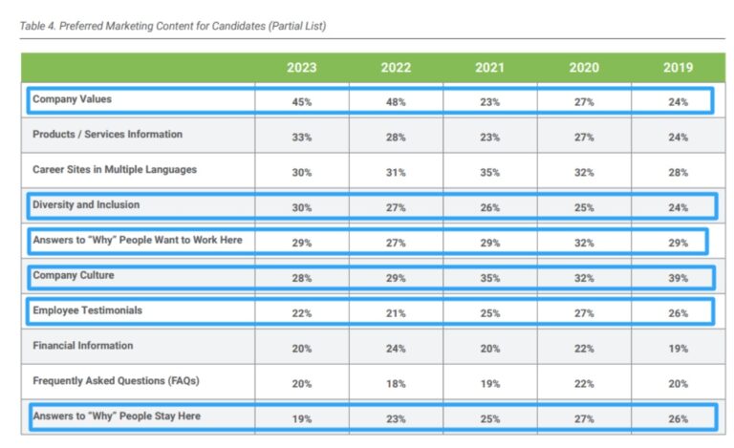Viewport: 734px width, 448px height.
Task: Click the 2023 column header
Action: point(301,68)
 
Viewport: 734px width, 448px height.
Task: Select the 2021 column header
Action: point(489,68)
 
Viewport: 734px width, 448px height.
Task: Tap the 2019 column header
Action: point(678,68)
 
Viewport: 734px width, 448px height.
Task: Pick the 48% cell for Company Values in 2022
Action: point(396,102)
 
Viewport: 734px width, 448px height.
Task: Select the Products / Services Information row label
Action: point(107,134)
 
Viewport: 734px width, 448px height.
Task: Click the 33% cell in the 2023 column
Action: point(301,138)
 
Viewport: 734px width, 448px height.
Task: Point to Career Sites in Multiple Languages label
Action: point(115,169)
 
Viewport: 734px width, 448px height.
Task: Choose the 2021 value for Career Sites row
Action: point(489,173)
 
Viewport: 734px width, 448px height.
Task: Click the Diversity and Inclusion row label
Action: point(86,204)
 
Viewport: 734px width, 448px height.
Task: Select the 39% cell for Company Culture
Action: point(678,279)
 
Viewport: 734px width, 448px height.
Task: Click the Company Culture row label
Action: point(73,275)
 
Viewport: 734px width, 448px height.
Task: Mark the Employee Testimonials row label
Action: point(88,310)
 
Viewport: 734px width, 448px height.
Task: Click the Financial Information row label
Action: point(82,345)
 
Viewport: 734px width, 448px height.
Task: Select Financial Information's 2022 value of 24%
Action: point(396,349)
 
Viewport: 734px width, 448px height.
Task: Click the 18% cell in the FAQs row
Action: point(396,384)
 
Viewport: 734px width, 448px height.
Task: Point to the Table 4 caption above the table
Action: point(173,26)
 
